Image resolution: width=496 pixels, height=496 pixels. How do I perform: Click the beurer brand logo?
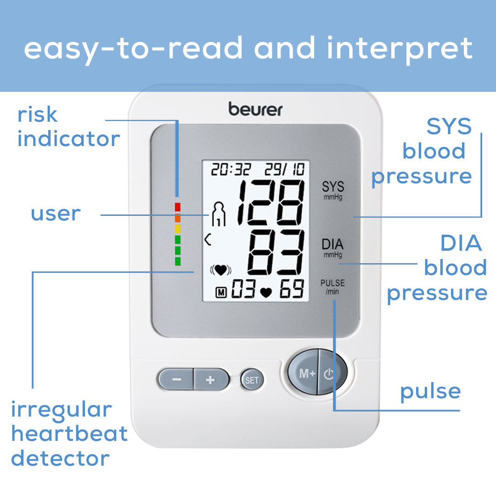tap(255, 109)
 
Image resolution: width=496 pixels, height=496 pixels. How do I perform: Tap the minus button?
tap(176, 379)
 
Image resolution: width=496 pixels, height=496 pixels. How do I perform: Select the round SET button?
tap(252, 380)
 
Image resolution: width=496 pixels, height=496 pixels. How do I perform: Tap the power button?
tap(330, 373)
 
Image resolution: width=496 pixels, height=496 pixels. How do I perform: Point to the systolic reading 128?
tap(271, 201)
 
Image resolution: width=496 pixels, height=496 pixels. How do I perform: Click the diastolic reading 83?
tap(276, 252)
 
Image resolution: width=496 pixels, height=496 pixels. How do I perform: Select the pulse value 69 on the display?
tap(292, 289)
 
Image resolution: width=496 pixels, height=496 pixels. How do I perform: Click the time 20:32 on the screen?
tap(231, 169)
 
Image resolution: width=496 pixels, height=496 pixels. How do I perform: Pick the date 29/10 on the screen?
tap(284, 169)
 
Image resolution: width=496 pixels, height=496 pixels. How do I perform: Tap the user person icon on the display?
tap(219, 214)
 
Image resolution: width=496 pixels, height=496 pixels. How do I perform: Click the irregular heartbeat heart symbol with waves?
tap(220, 271)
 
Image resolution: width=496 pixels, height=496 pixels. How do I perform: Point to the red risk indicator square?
tap(178, 207)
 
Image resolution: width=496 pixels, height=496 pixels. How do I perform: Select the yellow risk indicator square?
tap(178, 228)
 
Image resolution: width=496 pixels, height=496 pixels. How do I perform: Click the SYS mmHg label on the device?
tap(333, 190)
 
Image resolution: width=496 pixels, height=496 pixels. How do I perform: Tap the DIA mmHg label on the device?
tap(333, 247)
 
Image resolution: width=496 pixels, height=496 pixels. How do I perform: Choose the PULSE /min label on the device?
tap(333, 287)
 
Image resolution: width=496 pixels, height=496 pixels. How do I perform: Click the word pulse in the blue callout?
tap(430, 392)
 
